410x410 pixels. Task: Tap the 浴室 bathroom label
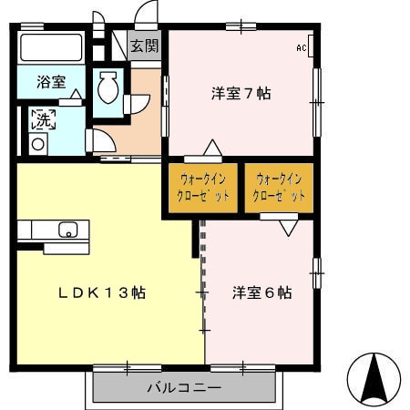(x=51, y=81)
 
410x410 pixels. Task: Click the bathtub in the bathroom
(x=51, y=49)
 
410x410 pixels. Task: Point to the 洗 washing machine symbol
(x=43, y=118)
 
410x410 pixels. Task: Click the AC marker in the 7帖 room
(x=302, y=47)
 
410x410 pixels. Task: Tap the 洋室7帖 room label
(x=241, y=93)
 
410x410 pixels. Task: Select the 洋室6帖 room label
(x=261, y=292)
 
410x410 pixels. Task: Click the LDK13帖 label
(x=103, y=293)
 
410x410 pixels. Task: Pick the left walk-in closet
(x=203, y=188)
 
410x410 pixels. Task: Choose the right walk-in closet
(x=279, y=188)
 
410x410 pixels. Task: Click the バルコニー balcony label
(x=184, y=387)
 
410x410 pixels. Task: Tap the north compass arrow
(x=375, y=378)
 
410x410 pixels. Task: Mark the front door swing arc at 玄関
(x=144, y=15)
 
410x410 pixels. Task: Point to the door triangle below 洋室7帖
(x=211, y=148)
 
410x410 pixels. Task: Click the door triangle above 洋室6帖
(x=288, y=228)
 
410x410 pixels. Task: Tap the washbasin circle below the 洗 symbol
(x=38, y=143)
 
